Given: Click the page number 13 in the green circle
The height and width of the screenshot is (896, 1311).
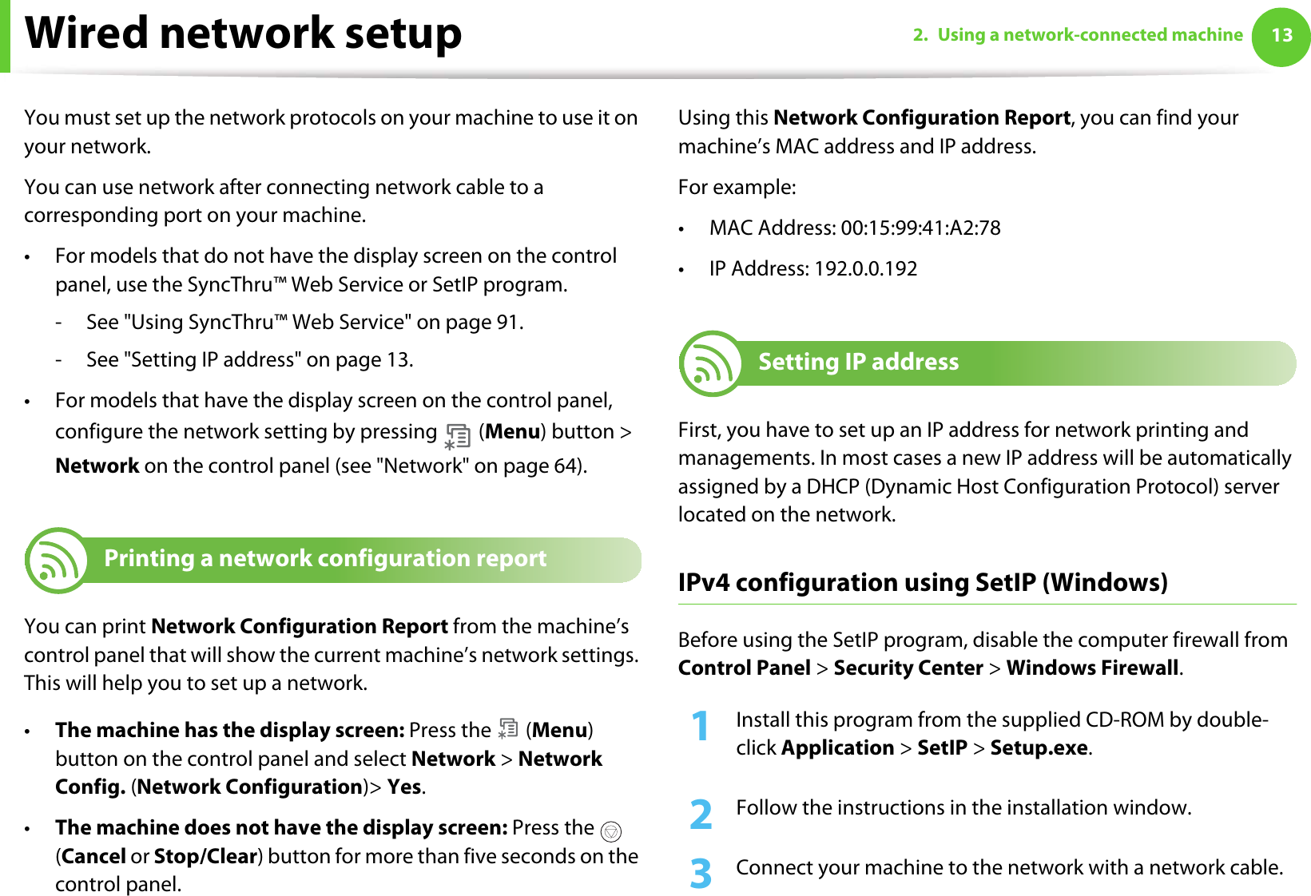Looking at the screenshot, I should point(1281,35).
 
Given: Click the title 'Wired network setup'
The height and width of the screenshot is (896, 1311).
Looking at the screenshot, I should point(244,34).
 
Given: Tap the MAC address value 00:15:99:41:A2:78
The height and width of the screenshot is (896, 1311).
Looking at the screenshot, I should point(920,228).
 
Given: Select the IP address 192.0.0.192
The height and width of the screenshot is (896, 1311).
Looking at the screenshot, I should point(865,269).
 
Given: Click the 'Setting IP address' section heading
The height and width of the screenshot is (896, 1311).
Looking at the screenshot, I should point(858,363).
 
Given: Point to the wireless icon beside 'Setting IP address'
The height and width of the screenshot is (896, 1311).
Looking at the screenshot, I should point(710,364).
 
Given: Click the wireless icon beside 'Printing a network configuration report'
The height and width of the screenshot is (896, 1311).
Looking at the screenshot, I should point(56,561).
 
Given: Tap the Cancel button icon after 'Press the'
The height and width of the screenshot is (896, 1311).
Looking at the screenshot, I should point(610,832).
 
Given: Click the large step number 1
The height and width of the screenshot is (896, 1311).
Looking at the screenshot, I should point(700,727).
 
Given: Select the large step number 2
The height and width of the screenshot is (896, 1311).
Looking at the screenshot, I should point(701,815).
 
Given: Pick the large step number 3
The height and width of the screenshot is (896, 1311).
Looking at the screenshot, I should point(701,874).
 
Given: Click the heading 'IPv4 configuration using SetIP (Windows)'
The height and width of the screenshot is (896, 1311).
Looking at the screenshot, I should point(923,583).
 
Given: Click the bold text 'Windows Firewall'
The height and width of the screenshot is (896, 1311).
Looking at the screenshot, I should point(1092,668).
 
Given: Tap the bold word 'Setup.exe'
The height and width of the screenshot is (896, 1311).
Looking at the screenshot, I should point(1039,748).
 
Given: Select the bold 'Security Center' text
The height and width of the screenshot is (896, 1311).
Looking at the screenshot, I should point(908,668).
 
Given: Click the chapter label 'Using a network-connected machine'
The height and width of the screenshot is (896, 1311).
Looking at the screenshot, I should point(1090,35).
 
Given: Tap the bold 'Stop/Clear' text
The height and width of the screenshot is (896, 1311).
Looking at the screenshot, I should point(205,857).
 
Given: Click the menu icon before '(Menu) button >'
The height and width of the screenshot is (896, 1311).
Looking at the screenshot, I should point(457,435).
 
